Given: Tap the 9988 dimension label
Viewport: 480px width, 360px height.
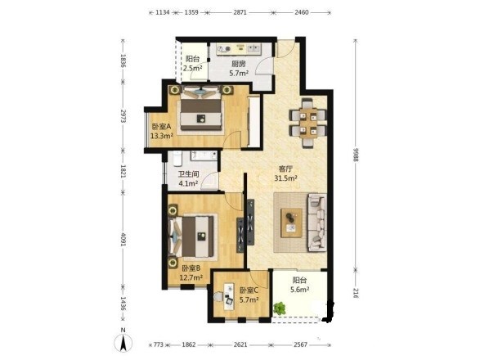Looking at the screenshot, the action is point(355,155).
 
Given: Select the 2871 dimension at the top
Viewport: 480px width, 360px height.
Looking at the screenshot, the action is point(240,12).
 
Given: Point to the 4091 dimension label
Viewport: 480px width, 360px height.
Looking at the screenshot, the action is point(123,239).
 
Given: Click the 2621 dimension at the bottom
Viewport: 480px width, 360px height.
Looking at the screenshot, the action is point(240,344).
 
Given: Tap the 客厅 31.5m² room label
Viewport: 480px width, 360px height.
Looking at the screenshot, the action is point(286,173).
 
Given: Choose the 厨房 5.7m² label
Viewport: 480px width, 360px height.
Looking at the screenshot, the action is point(239,69).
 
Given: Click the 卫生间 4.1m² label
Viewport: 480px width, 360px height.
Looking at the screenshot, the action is point(188,179).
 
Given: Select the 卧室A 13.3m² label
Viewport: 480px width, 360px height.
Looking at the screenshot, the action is point(162,131).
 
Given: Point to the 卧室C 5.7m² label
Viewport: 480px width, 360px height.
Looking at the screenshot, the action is point(249,295).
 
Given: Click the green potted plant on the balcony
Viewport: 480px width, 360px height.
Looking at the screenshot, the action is point(279,308).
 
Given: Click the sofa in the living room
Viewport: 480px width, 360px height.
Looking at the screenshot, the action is point(317,223).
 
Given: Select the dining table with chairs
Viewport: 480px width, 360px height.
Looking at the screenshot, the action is point(308,124).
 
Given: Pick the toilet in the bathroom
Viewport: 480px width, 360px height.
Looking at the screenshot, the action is point(177,159).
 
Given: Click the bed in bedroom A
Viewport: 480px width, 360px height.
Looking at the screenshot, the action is point(201,108).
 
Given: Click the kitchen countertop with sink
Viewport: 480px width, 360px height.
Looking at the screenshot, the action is point(239,49).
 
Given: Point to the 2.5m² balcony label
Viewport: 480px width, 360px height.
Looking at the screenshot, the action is point(192,68).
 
